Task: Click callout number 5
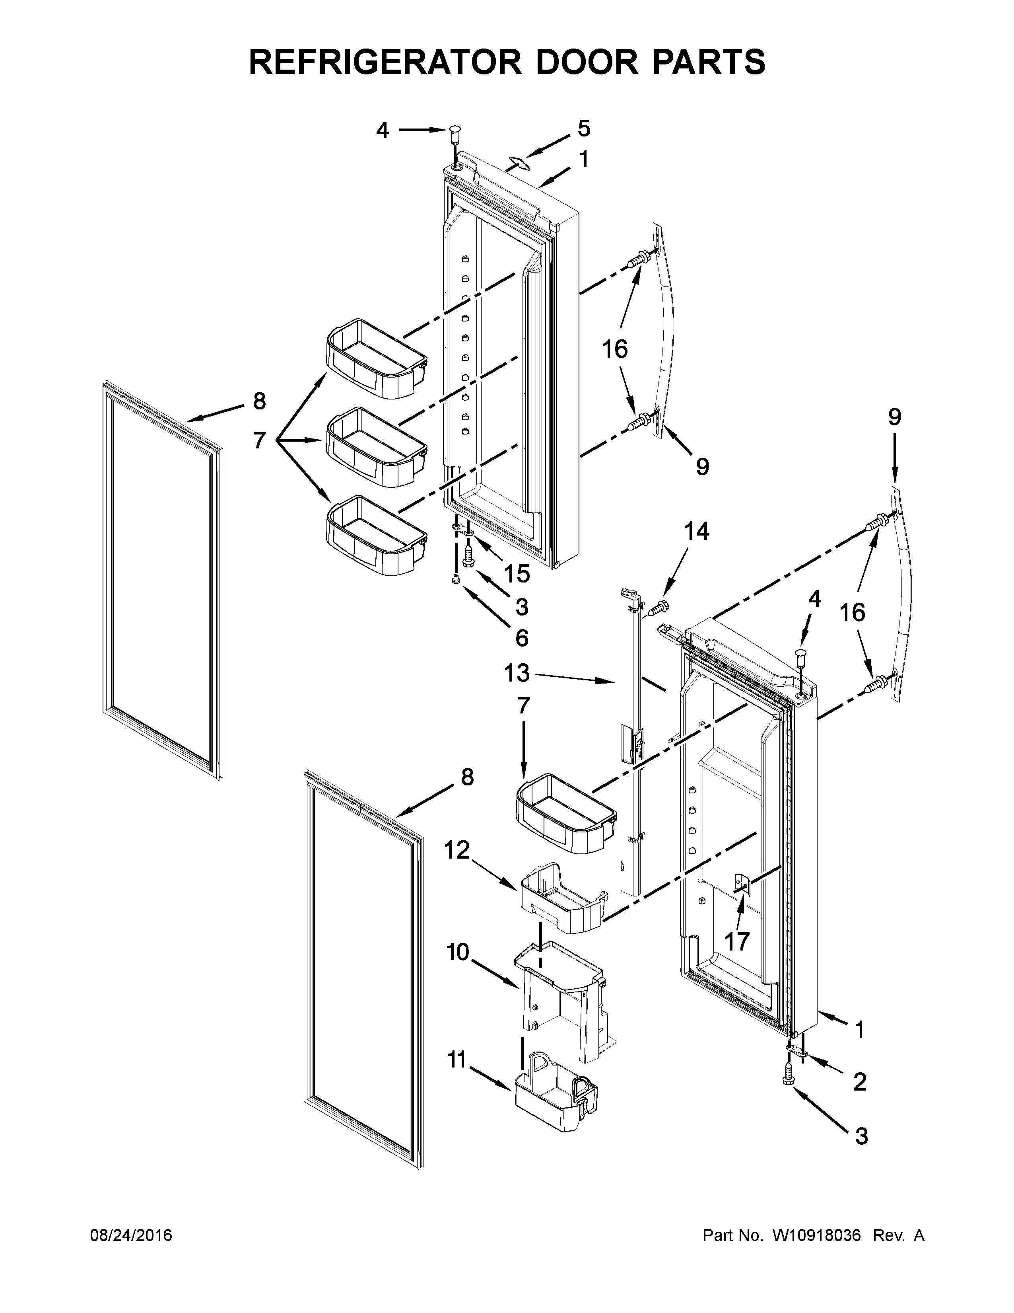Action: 584,128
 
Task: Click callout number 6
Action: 521,638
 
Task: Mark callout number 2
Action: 860,1082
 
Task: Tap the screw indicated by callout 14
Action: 659,608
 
